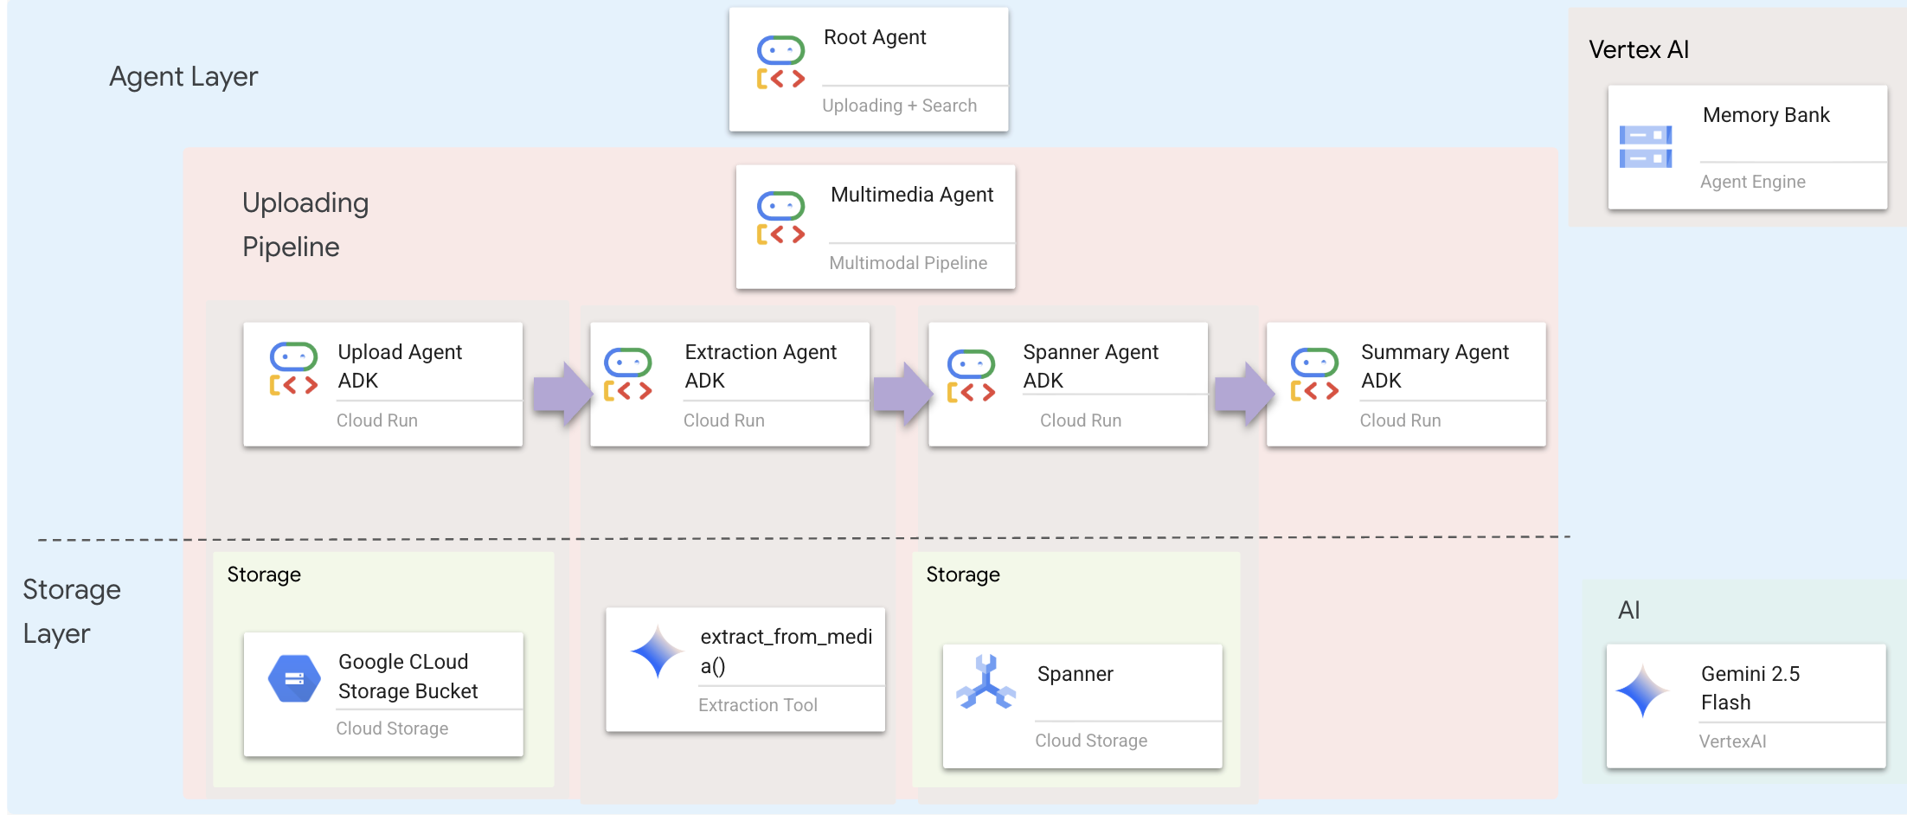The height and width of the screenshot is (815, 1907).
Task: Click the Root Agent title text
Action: (x=874, y=37)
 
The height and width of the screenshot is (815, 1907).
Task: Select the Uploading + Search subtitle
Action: (x=899, y=106)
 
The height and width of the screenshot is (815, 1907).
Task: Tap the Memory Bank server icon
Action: (x=1645, y=147)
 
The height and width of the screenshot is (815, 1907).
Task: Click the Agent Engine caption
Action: (x=1752, y=182)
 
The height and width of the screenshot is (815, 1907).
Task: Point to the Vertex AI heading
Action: (x=1638, y=50)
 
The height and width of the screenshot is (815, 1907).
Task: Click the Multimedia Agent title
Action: (x=911, y=195)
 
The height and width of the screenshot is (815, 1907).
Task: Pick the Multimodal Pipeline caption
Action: (x=908, y=263)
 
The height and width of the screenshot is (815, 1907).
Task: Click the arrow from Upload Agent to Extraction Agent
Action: (x=562, y=394)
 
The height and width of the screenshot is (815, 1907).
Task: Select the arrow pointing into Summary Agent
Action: (x=1243, y=394)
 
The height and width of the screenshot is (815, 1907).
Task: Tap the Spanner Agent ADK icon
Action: (x=971, y=376)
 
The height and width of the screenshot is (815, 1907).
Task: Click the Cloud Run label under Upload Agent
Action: (x=376, y=420)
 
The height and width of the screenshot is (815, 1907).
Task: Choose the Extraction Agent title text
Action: (x=760, y=352)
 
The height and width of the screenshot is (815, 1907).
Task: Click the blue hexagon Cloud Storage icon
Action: (x=294, y=678)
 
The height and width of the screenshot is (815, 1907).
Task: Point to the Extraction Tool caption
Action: (x=757, y=705)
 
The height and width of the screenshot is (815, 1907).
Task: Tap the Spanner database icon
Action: (x=986, y=683)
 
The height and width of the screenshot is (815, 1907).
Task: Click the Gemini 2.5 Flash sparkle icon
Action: (x=1641, y=690)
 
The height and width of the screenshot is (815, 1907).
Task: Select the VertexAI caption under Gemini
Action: (x=1732, y=741)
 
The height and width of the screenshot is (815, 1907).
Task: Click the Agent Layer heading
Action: (x=183, y=77)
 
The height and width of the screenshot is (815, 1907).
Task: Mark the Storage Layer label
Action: (x=71, y=611)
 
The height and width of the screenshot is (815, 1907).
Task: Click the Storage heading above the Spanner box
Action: (x=962, y=574)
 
